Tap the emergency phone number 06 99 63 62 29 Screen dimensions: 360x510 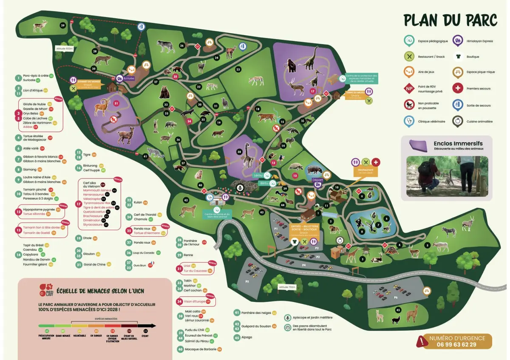[456, 344]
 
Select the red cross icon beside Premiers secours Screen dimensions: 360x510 [457, 88]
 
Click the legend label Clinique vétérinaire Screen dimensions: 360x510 [431, 122]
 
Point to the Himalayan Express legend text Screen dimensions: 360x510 [479, 41]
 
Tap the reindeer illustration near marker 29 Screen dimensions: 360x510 [40, 26]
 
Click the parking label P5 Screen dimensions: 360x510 [246, 281]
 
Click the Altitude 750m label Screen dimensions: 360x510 [287, 287]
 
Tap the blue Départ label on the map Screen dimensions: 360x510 [317, 179]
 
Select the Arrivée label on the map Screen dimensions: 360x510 [129, 78]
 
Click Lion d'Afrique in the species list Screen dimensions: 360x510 [33, 90]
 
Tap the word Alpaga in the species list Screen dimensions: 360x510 [246, 337]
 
